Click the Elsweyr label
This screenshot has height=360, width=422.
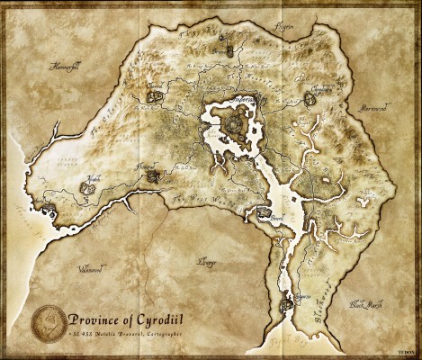coord(207,262)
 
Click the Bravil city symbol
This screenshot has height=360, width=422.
coord(263,213)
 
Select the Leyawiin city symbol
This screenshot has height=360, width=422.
coord(288,303)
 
